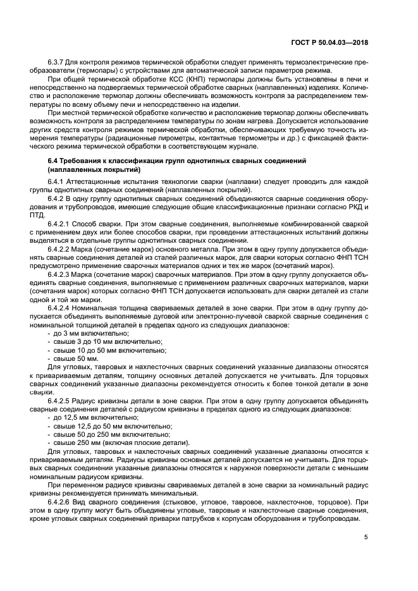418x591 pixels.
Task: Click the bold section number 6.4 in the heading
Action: pyautogui.click(x=54, y=162)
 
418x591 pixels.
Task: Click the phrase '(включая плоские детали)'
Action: pyautogui.click(x=148, y=443)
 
